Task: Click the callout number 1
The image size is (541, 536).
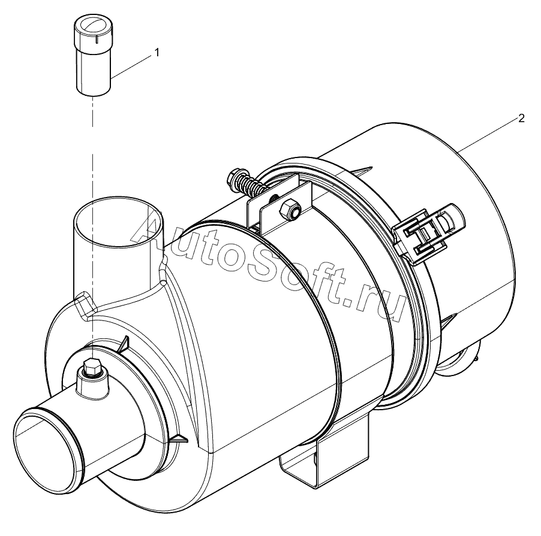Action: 157,53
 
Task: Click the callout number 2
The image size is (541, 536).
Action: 521,118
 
